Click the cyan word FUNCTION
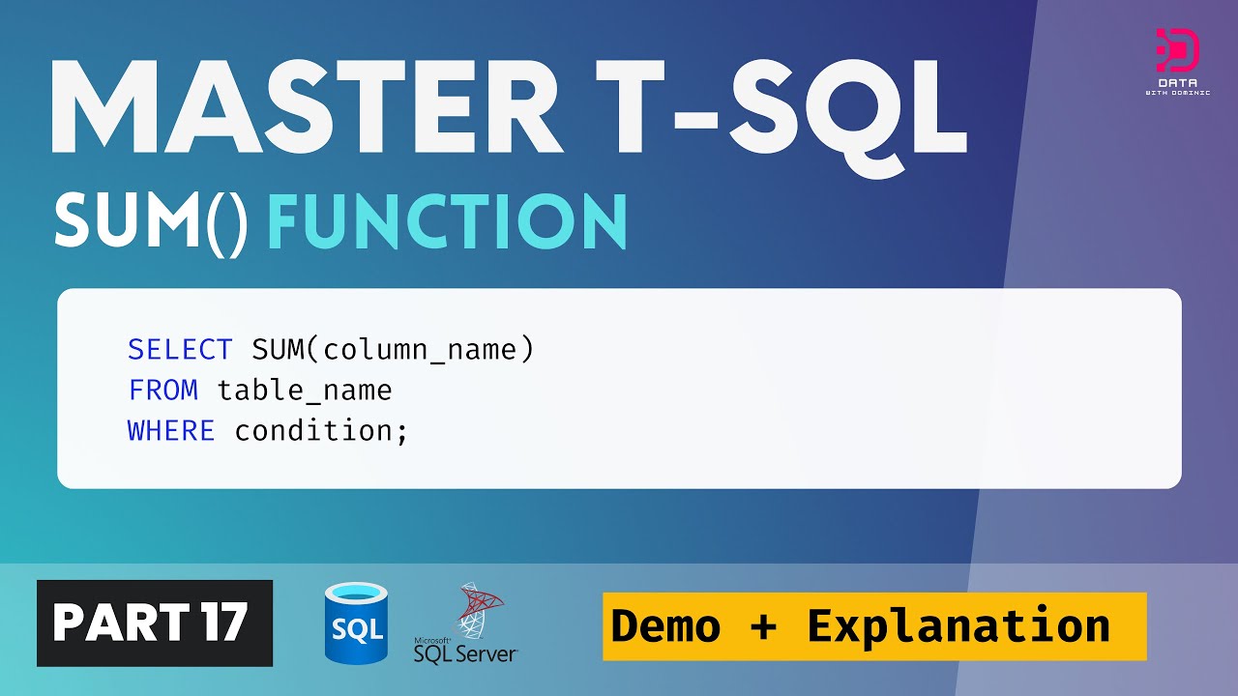pyautogui.click(x=447, y=221)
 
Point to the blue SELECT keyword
pyautogui.click(x=180, y=349)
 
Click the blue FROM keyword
pyautogui.click(x=162, y=390)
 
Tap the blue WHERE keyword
pyautogui.click(x=171, y=430)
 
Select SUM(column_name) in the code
pyautogui.click(x=393, y=349)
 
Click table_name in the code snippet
pyautogui.click(x=305, y=390)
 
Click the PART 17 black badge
pyautogui.click(x=155, y=623)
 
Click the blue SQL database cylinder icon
pyautogui.click(x=356, y=623)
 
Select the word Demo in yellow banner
pyautogui.click(x=665, y=626)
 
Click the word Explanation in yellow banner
pyautogui.click(x=958, y=626)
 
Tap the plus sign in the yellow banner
pyautogui.click(x=763, y=626)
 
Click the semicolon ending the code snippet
pyautogui.click(x=402, y=432)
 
